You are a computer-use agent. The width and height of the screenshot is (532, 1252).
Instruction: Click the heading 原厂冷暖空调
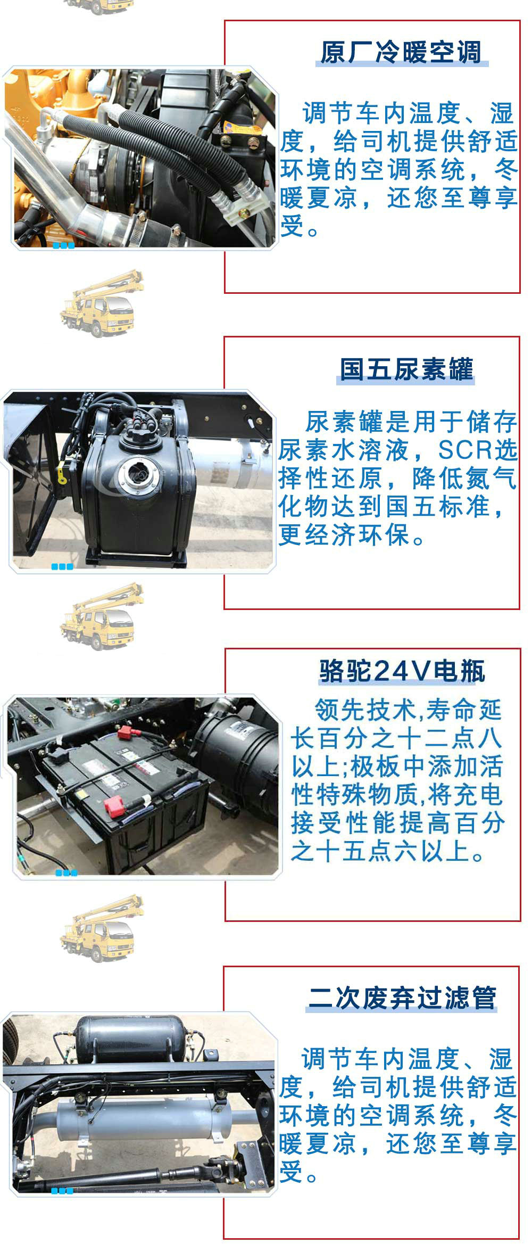pyautogui.click(x=401, y=53)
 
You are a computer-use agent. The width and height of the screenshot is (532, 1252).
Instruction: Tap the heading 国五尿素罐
pyautogui.click(x=406, y=369)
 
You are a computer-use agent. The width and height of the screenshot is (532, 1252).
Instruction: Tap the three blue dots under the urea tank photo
pyautogui.click(x=62, y=566)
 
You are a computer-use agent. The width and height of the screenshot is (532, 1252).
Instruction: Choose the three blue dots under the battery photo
pyautogui.click(x=66, y=872)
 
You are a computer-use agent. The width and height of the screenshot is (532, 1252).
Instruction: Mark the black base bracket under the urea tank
pyautogui.click(x=136, y=557)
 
